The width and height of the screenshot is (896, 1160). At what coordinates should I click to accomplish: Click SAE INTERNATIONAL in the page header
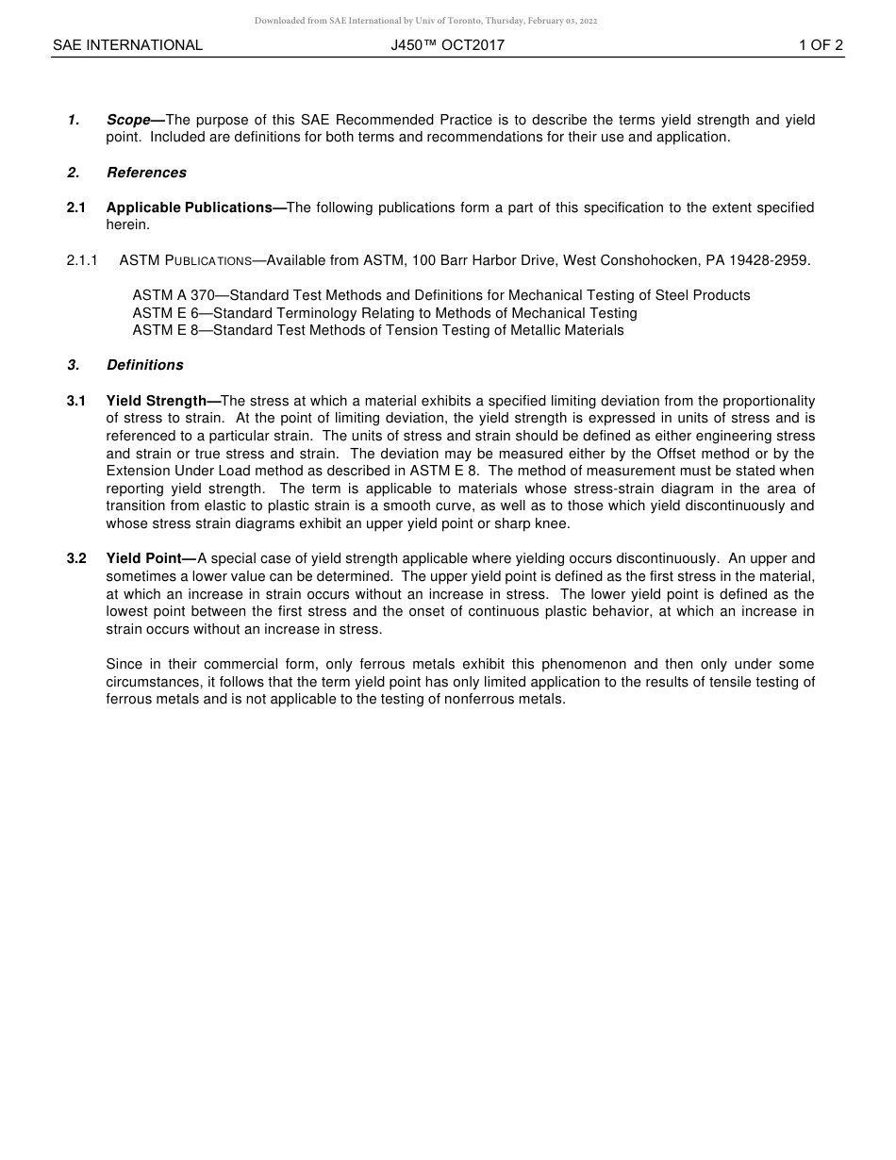click(127, 45)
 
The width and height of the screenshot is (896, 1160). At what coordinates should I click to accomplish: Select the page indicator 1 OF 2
click(820, 45)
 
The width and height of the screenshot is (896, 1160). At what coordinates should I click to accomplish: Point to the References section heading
click(146, 173)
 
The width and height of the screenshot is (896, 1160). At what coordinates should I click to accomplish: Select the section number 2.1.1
click(82, 260)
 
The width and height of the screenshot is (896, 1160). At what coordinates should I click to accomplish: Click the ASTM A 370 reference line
click(440, 295)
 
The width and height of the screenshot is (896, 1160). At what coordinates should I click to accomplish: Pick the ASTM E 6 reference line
click(384, 313)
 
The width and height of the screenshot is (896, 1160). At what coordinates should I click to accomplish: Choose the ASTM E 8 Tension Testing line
click(377, 330)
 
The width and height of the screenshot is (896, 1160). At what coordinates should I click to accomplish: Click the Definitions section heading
click(144, 365)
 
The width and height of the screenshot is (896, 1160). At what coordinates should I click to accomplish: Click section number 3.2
click(76, 558)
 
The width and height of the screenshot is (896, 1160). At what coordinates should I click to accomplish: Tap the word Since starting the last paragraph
click(124, 664)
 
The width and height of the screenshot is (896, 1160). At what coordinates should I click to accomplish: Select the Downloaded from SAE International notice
click(425, 21)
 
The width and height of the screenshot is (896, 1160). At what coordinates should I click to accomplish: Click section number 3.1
click(76, 401)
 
